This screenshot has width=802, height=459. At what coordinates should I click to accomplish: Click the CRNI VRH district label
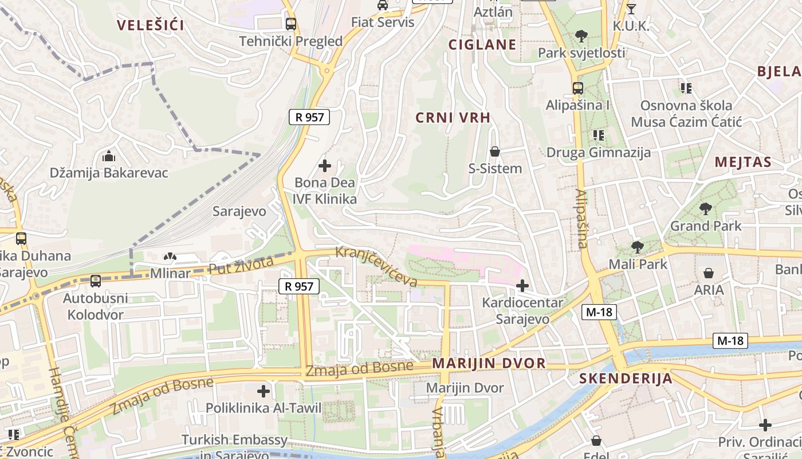[453, 118]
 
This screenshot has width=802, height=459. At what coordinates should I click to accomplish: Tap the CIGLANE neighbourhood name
[482, 45]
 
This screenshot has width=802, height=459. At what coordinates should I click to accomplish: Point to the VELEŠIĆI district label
[150, 25]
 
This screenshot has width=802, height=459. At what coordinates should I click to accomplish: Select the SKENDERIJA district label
[625, 379]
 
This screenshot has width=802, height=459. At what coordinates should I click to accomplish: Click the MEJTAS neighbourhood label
[743, 162]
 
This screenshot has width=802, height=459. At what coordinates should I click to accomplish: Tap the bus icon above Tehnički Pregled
[291, 24]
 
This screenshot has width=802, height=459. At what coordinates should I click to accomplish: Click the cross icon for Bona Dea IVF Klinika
[325, 166]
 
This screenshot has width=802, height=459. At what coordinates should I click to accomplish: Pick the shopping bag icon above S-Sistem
[495, 152]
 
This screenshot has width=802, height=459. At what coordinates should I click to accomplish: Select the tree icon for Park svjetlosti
[581, 36]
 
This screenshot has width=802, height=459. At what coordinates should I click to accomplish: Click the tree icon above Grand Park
[706, 209]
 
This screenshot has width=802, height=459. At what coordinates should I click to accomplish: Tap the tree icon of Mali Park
[637, 247]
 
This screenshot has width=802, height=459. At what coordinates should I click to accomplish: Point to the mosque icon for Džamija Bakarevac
[108, 156]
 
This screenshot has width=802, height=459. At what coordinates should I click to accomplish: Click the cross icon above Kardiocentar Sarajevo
[522, 285]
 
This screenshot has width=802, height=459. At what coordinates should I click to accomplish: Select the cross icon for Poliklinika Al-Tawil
[264, 391]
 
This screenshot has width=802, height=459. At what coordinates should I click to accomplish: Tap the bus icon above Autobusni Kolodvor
[96, 281]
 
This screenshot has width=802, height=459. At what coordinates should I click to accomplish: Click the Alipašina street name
[581, 219]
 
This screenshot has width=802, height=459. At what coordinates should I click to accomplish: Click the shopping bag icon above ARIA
[709, 273]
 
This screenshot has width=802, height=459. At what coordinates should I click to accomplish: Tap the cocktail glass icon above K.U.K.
[631, 9]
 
